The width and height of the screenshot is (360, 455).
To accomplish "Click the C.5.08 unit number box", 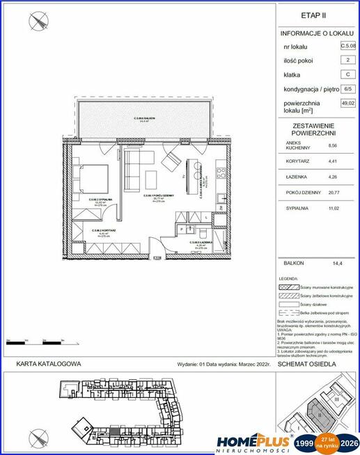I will pyautogui.click(x=345, y=47).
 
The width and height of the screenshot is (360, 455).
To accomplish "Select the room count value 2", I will pyautogui.click(x=345, y=61).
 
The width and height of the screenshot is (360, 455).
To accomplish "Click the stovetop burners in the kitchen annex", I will pyautogui.click(x=220, y=170).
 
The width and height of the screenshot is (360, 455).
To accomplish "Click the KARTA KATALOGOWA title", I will pyautogui.click(x=49, y=364).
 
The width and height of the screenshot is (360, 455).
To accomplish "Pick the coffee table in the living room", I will pyautogui.click(x=169, y=163).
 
